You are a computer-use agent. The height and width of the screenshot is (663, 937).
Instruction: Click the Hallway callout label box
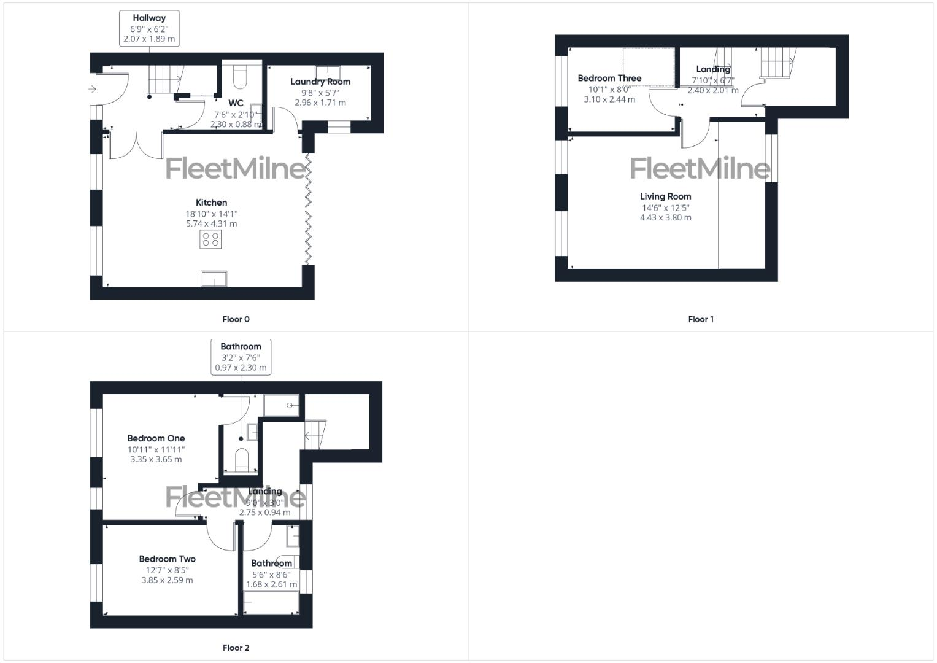click(149, 28)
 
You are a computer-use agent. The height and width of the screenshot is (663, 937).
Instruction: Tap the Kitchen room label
click(211, 203)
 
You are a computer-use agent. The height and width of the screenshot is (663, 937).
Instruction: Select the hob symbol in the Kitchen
click(210, 239)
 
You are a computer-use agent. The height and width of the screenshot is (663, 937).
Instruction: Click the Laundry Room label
click(320, 82)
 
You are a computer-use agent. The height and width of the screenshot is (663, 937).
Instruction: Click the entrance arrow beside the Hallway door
click(93, 90)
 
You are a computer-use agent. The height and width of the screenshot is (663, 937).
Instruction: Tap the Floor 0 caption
click(236, 319)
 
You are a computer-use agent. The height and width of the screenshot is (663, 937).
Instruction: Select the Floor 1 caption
click(701, 319)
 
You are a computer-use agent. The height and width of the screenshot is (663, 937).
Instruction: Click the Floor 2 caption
click(236, 648)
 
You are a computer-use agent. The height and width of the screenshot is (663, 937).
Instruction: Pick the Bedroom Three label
click(609, 78)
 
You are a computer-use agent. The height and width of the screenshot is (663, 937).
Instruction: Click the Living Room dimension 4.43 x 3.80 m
click(666, 217)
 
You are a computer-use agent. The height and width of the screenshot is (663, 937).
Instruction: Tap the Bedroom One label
click(156, 438)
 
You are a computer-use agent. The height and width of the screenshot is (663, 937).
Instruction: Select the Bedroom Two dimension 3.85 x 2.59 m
click(167, 580)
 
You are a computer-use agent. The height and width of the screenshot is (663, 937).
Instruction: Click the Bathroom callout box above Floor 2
click(241, 357)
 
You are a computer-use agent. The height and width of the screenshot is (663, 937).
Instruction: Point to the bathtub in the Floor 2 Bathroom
click(271, 603)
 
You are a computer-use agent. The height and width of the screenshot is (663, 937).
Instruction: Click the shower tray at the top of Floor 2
click(282, 406)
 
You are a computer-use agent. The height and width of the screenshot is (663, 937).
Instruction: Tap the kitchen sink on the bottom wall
click(214, 279)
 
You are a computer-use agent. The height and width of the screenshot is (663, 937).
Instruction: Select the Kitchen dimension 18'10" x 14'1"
click(211, 214)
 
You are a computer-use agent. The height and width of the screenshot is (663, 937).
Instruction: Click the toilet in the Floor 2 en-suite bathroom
click(241, 459)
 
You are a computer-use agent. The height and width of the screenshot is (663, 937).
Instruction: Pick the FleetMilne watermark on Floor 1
click(700, 168)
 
